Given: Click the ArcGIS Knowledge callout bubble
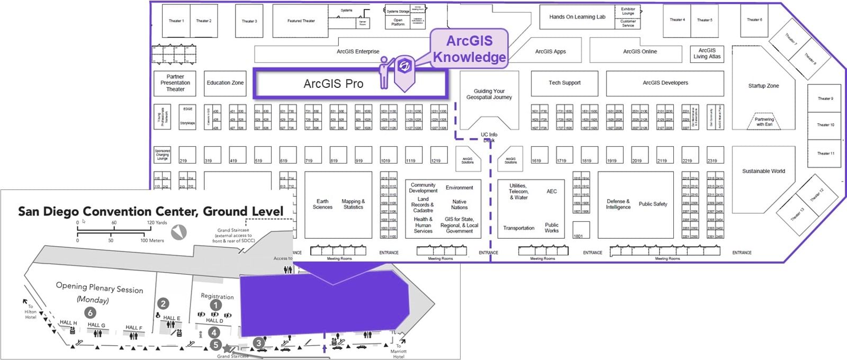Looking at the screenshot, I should coord(469,49).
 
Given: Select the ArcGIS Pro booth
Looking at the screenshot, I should coord(334,84).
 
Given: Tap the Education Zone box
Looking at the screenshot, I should coord(225,83).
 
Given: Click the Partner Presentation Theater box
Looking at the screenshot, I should coord(175,83).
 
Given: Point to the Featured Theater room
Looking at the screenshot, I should coord(301,21).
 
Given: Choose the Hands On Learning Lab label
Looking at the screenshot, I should coord(577,17).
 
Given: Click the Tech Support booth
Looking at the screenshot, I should coord(564,83).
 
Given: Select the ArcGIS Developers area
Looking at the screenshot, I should coord(665,83).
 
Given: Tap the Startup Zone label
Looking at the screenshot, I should coord(763,86).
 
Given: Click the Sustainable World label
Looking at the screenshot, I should coord(763,171).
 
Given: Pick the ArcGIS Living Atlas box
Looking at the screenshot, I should coord(707,53).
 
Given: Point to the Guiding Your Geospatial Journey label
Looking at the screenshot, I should coord(489,94).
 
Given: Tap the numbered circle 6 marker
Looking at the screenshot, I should coord(91,313).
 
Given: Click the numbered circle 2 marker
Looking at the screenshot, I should coord(163,303).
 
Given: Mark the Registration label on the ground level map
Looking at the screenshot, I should coord(217,296).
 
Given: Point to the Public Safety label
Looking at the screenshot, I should coord(653,204).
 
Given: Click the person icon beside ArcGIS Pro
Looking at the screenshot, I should coord(384,73).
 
